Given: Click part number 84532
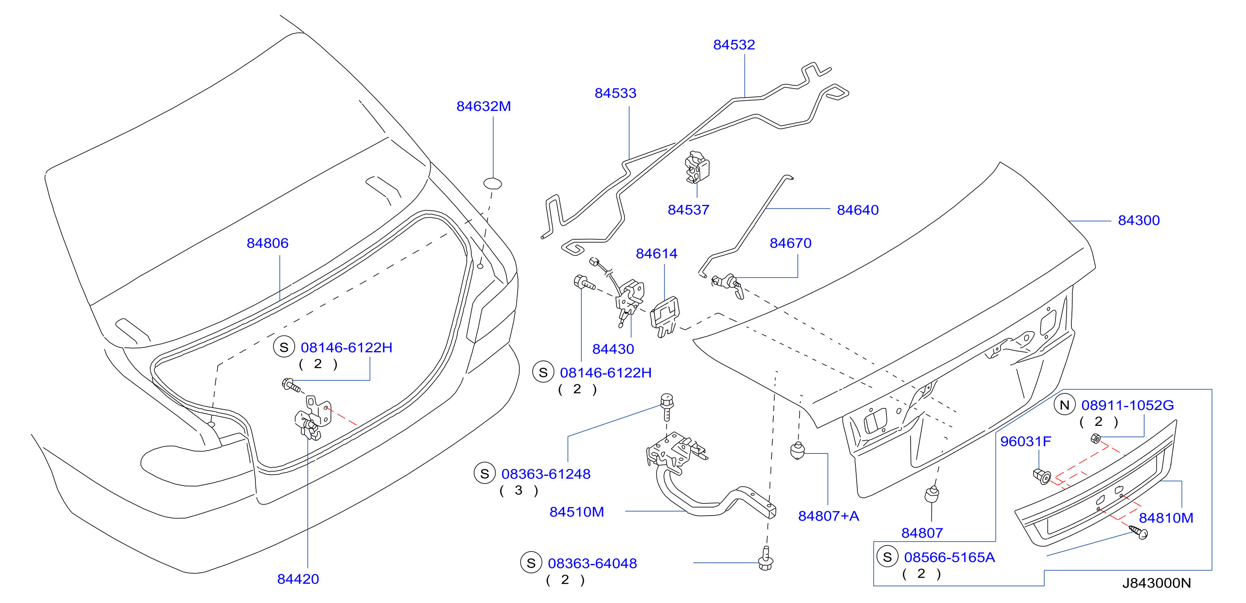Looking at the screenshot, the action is [734, 45].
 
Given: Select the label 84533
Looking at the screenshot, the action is [615, 93].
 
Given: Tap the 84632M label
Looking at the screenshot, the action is [484, 106].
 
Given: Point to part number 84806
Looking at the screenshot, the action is [268, 243].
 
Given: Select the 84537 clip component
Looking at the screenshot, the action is [697, 167].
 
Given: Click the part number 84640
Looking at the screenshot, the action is [857, 210].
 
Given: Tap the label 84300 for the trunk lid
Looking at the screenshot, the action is [1139, 220].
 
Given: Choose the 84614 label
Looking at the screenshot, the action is [656, 254].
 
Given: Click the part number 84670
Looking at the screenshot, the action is [790, 243].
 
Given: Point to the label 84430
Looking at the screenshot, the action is [613, 349].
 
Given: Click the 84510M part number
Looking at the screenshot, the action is [577, 512].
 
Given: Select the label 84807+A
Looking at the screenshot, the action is [829, 516].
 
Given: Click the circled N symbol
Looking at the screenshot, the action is [1064, 405].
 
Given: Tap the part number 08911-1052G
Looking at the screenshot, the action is [1127, 405].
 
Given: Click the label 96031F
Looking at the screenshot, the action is [1026, 441].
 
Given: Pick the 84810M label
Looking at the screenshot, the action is [1166, 518].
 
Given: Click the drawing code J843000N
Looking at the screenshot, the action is [1157, 583].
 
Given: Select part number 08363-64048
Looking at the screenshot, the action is [592, 563].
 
